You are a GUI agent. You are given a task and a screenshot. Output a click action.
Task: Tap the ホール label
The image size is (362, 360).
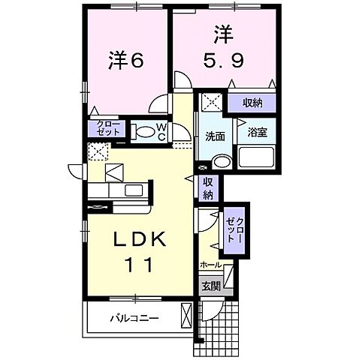[211, 265]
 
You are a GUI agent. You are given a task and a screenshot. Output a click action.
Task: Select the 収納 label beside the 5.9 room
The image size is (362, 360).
[252, 103]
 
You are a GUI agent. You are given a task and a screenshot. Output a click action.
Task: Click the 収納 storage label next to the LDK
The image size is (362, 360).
[209, 187]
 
